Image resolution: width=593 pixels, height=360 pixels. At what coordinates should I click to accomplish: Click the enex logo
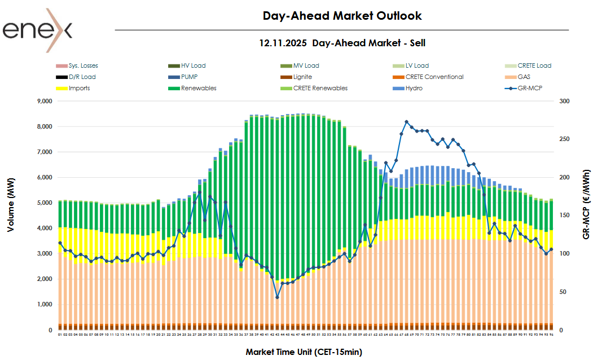(x=37, y=29)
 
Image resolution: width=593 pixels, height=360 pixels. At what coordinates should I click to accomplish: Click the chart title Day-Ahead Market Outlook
(x=342, y=16)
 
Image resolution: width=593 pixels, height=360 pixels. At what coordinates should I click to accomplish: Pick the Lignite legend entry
(x=303, y=77)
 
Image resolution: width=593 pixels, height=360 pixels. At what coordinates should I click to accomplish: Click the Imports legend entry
(x=79, y=88)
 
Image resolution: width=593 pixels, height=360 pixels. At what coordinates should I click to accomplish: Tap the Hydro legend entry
(x=414, y=88)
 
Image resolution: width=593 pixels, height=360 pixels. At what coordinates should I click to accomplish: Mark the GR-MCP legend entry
(x=529, y=88)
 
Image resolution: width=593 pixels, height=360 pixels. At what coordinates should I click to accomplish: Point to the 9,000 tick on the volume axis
(x=43, y=101)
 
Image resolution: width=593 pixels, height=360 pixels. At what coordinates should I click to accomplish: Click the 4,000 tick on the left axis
(x=43, y=228)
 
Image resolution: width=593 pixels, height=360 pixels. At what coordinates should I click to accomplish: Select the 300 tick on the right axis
(x=565, y=101)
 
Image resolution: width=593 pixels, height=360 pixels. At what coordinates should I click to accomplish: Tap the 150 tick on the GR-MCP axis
(x=565, y=216)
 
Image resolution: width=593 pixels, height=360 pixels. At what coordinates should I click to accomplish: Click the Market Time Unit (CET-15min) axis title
(x=304, y=352)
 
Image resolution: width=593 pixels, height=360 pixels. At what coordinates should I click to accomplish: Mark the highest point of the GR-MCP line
(x=406, y=121)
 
